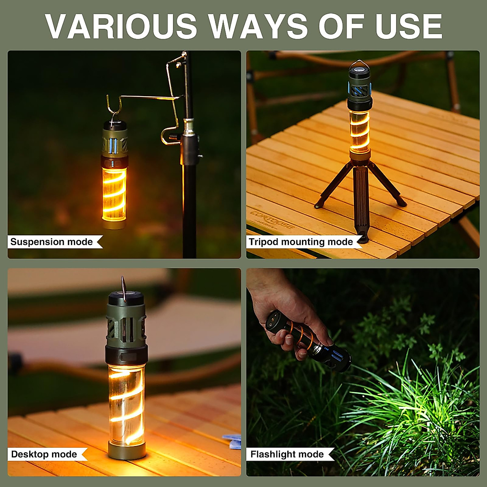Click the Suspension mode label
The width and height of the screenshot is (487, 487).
(x=52, y=242)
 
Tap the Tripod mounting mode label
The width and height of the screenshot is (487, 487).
(x=301, y=242)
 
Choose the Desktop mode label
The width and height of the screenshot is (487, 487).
(x=44, y=454)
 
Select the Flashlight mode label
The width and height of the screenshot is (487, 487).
(x=287, y=454)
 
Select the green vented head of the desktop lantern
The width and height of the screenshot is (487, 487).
(x=126, y=325)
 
